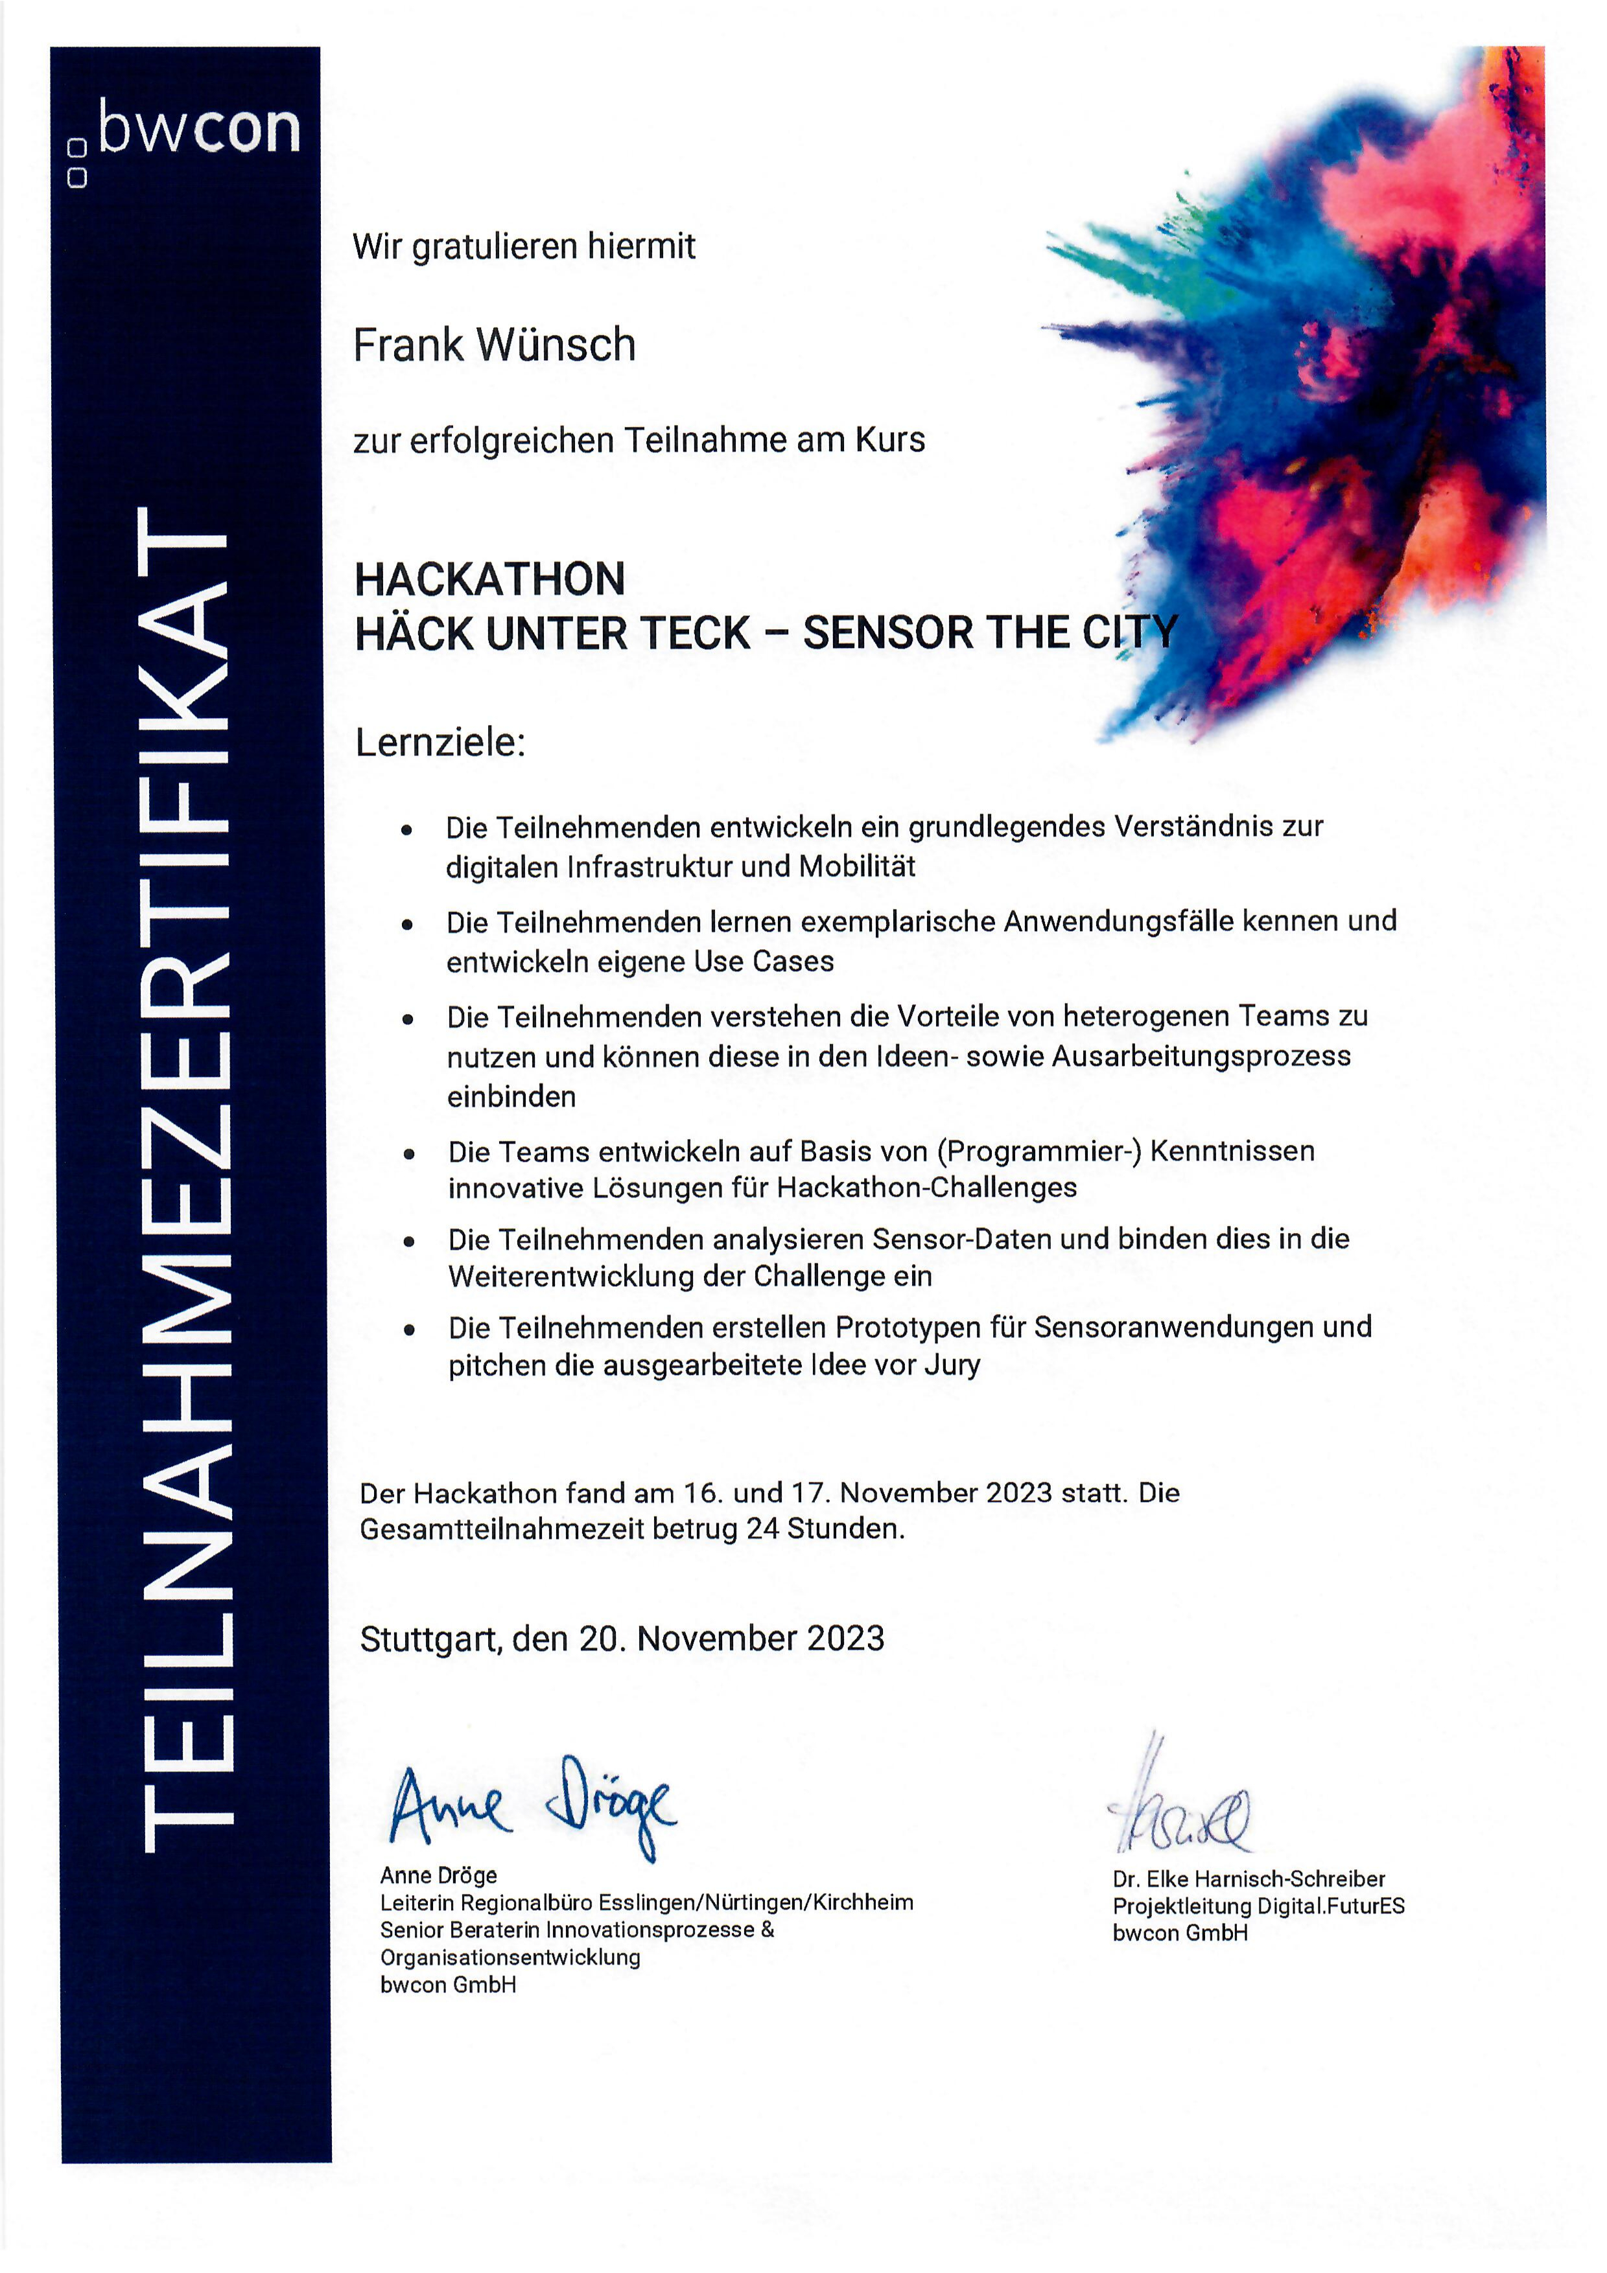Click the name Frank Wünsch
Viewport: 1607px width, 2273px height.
tap(494, 345)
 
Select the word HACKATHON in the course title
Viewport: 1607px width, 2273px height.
tap(489, 579)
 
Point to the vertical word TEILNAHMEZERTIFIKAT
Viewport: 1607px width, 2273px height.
tap(185, 1178)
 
